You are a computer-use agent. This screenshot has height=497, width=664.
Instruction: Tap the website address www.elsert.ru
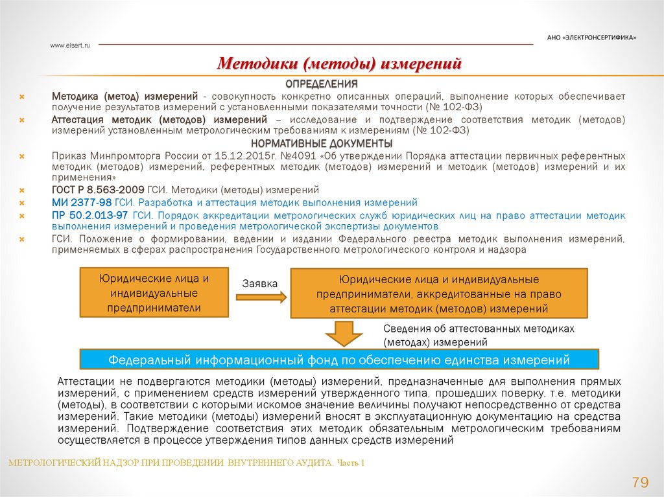pyautogui.click(x=70, y=45)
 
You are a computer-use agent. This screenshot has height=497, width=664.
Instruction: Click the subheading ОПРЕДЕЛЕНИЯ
pyautogui.click(x=322, y=84)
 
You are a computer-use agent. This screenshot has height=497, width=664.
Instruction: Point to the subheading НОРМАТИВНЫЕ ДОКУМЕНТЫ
pyautogui.click(x=322, y=143)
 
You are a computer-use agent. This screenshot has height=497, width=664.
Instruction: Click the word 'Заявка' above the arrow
pyautogui.click(x=260, y=284)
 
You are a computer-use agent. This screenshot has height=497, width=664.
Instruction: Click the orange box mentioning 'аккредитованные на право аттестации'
pyautogui.click(x=439, y=294)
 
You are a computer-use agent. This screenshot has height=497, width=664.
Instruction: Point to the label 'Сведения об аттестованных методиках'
pyautogui.click(x=479, y=329)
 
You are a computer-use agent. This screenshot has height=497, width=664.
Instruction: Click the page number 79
pyautogui.click(x=639, y=482)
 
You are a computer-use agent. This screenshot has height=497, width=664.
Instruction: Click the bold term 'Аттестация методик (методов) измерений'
pyautogui.click(x=160, y=121)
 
